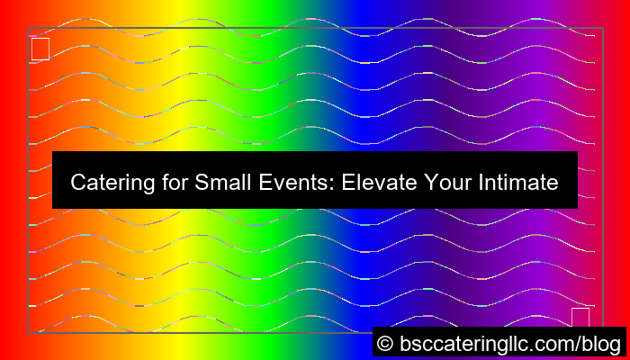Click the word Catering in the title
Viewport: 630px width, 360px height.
(106, 183)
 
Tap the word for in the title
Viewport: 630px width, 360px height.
(166, 183)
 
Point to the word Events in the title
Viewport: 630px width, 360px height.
(291, 183)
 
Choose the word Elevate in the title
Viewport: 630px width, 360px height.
(377, 183)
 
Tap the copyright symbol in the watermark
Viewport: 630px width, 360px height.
(385, 343)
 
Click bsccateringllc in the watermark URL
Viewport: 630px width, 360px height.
(463, 343)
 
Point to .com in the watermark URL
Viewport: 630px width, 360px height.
(553, 343)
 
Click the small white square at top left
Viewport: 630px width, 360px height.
(40, 49)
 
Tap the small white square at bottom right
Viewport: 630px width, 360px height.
(580, 317)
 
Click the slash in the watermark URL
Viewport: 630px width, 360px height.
(578, 343)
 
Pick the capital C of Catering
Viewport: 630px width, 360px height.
(77, 183)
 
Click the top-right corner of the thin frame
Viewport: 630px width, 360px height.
(602, 28)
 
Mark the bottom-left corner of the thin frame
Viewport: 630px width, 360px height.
(28, 333)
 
